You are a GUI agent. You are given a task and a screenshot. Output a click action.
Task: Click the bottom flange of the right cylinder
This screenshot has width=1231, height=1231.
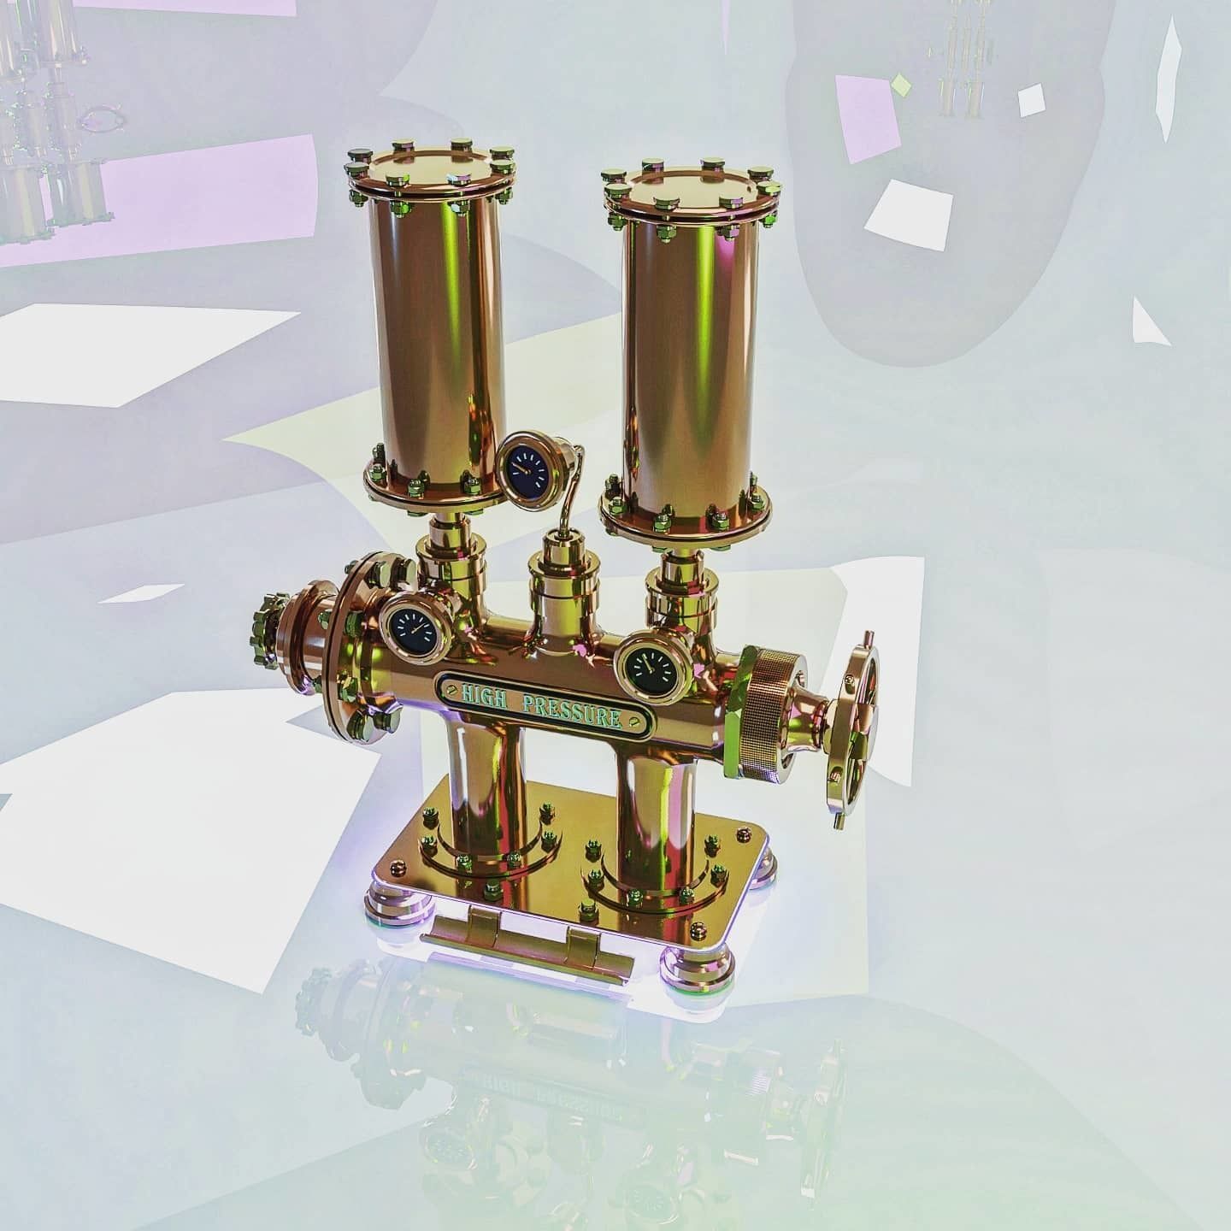(x=684, y=518)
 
